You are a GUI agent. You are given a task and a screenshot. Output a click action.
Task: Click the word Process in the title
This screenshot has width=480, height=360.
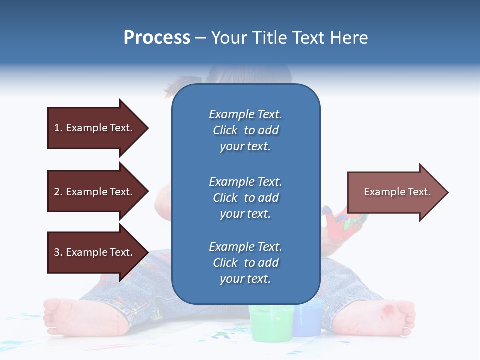pyautogui.click(x=157, y=38)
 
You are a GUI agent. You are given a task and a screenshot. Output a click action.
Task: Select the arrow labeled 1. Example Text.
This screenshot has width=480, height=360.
pyautogui.click(x=95, y=128)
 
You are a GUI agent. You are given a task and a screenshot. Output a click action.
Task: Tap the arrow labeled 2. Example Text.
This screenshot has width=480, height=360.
pyautogui.click(x=95, y=192)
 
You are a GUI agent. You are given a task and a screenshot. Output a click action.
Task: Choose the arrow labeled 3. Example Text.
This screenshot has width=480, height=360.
pyautogui.click(x=95, y=252)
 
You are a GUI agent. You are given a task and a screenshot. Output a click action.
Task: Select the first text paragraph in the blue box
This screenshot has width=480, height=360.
pyautogui.click(x=245, y=130)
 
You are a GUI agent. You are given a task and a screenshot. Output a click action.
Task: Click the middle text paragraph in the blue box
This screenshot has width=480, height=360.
pyautogui.click(x=245, y=198)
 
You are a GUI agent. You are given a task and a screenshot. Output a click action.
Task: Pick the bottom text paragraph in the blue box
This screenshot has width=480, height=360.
pyautogui.click(x=245, y=263)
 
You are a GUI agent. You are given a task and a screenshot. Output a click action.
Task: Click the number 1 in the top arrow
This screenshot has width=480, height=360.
pyautogui.click(x=57, y=128)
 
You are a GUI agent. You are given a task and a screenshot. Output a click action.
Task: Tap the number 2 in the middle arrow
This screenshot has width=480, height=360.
pyautogui.click(x=57, y=192)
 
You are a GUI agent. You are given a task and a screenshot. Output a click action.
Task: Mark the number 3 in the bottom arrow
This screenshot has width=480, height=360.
pyautogui.click(x=57, y=252)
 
